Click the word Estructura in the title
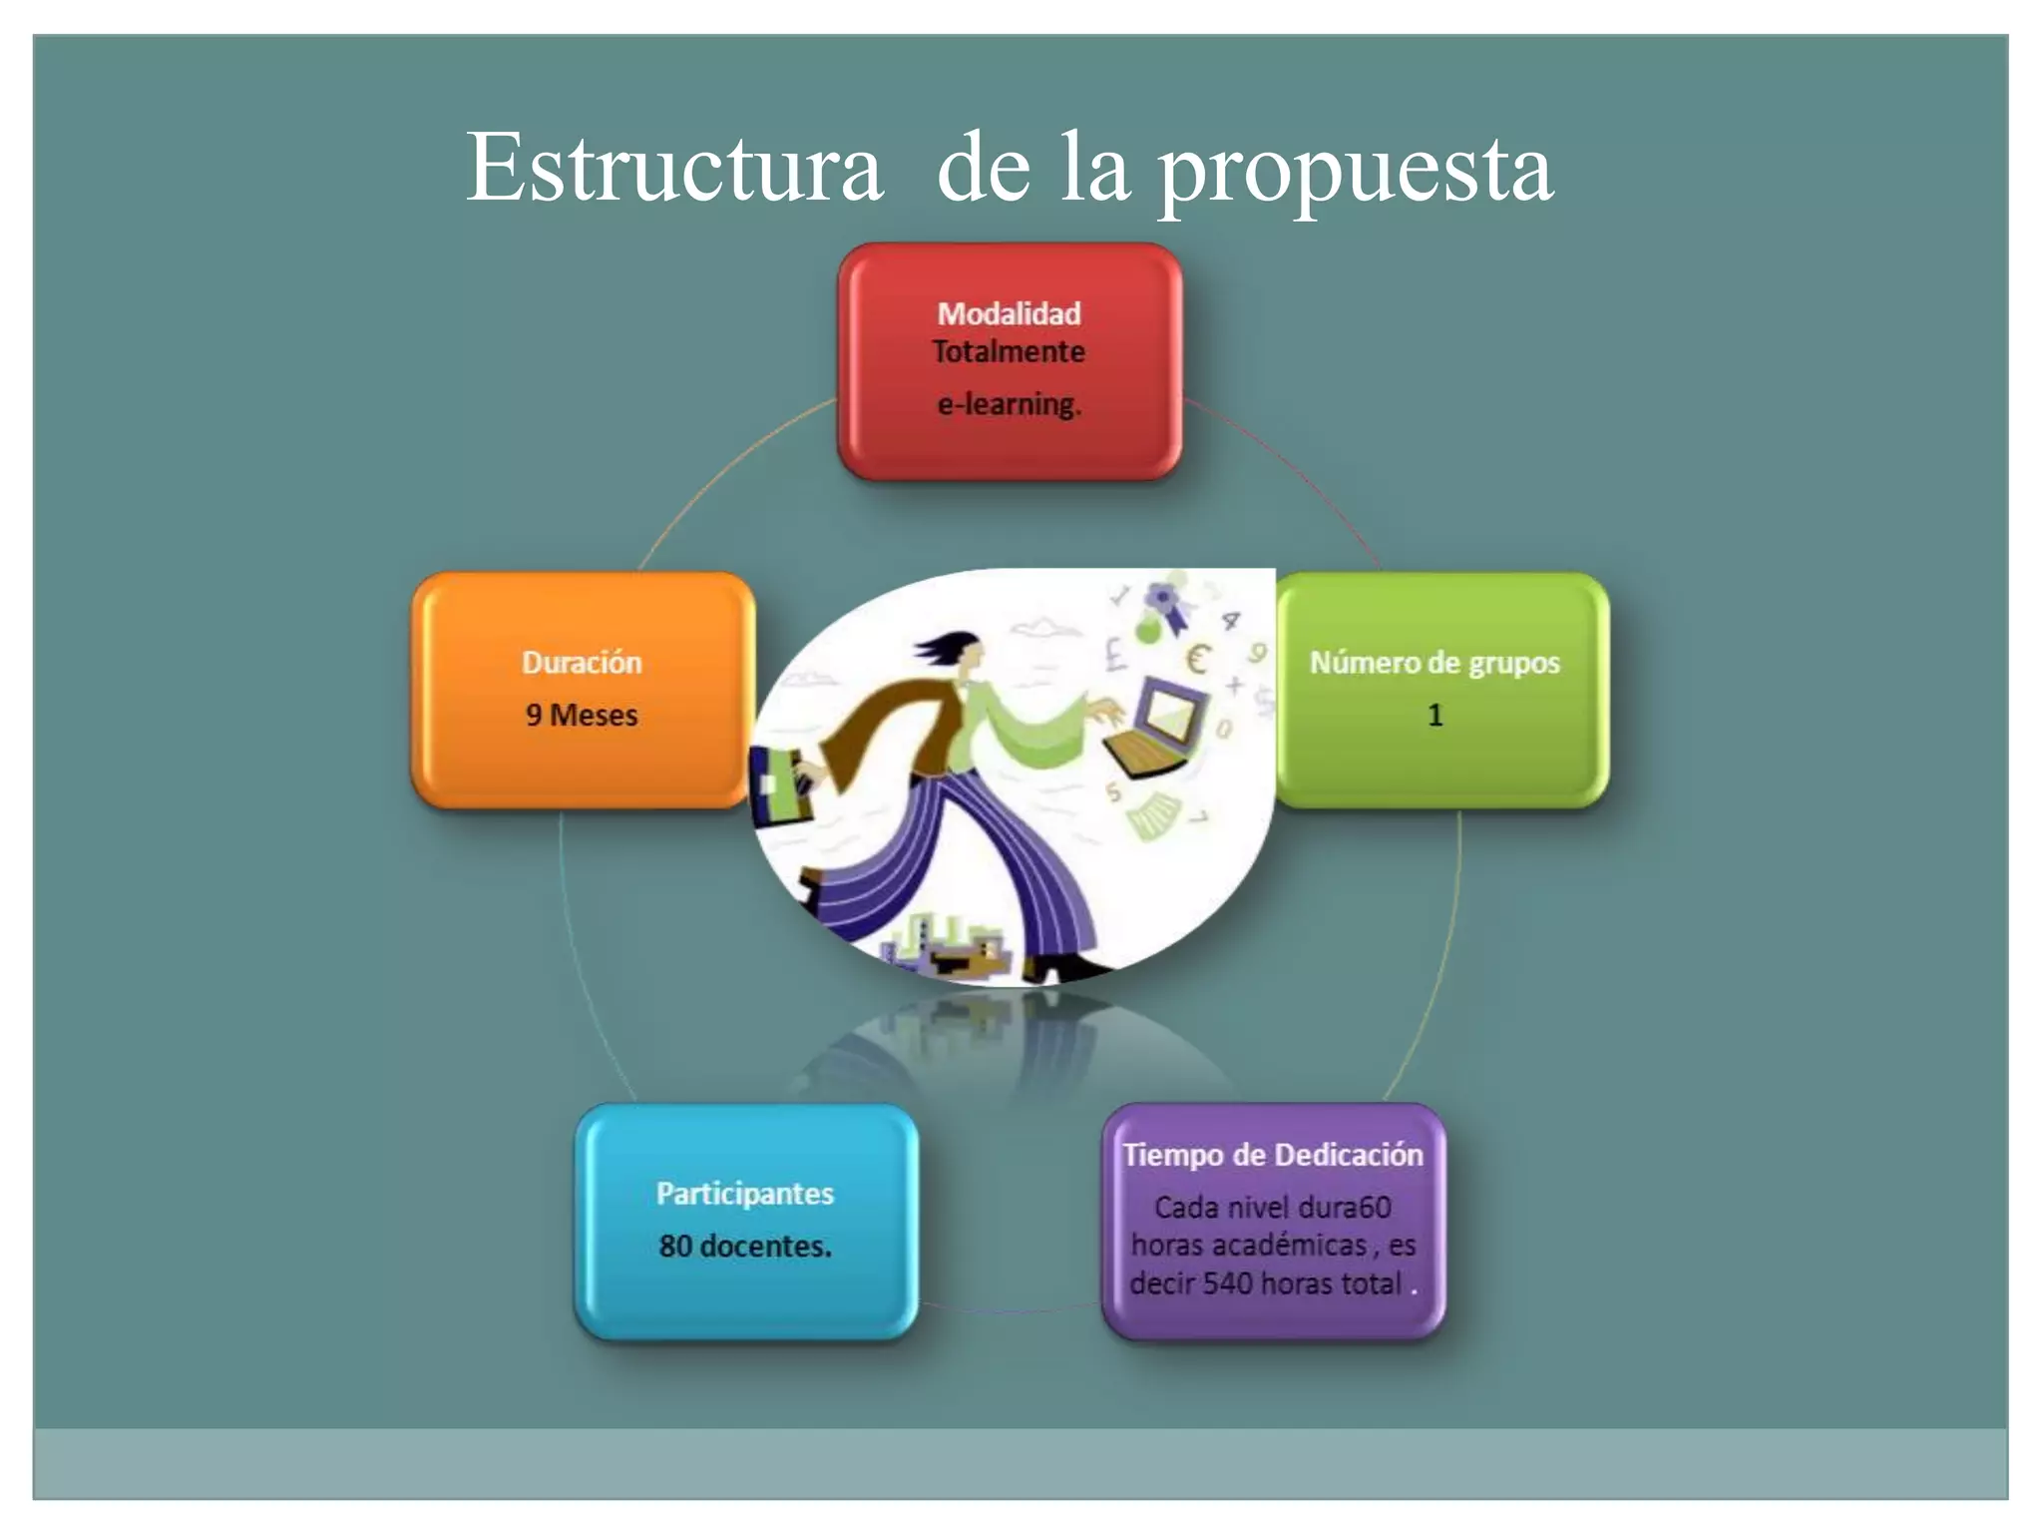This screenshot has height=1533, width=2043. [674, 168]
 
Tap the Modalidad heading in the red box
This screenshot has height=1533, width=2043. [1009, 313]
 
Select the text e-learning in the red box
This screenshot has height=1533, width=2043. [1009, 404]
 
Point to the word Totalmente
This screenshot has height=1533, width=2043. [1009, 351]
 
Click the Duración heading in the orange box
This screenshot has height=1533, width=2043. [582, 663]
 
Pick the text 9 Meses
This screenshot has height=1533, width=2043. [582, 715]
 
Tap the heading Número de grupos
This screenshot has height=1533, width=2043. [1434, 663]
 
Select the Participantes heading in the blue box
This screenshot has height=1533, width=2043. [745, 1194]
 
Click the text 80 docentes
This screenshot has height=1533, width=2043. [745, 1246]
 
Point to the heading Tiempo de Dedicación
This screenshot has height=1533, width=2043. [1273, 1155]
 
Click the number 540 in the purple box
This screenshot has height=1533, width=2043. [1227, 1283]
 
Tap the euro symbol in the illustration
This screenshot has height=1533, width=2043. [1197, 659]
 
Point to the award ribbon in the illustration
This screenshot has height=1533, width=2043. [1165, 605]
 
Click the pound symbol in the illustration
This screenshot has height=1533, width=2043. [1115, 655]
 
